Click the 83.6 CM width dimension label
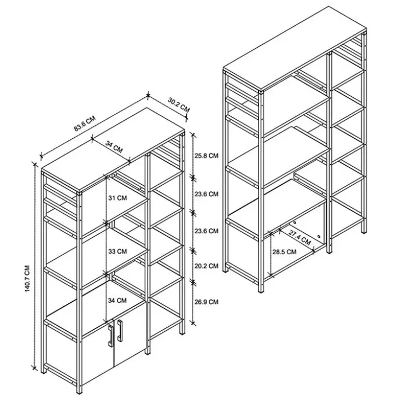85,124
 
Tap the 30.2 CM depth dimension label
179,105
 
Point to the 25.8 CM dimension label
207,155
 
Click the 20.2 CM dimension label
207,266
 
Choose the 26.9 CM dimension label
207,302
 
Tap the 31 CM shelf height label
118,198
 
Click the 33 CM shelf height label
118,251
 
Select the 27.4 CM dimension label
300,238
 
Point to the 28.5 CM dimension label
284,252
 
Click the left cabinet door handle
111,336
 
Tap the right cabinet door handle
120,331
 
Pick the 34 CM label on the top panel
114,147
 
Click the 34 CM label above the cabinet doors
118,301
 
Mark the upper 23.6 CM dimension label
207,194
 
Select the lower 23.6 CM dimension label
207,231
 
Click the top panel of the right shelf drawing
295,48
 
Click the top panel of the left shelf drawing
113,150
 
